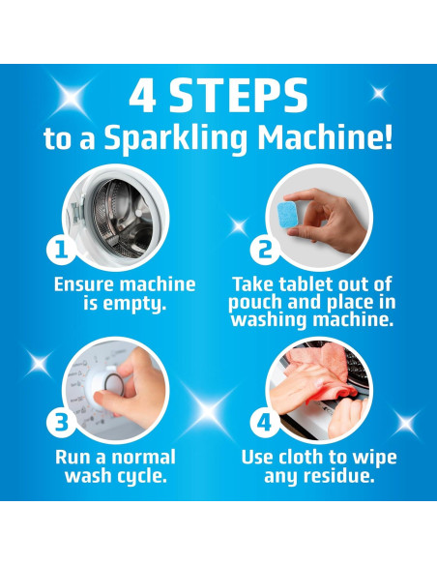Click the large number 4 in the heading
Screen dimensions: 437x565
coord(142,97)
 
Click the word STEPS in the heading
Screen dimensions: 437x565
coord(238,97)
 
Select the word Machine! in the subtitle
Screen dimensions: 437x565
coord(325,137)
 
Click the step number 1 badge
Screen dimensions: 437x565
coord(62,250)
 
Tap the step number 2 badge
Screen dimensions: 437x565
coord(265,249)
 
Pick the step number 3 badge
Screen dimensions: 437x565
coord(62,423)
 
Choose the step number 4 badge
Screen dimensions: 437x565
coord(265,423)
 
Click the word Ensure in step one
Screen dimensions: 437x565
coord(81,283)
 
